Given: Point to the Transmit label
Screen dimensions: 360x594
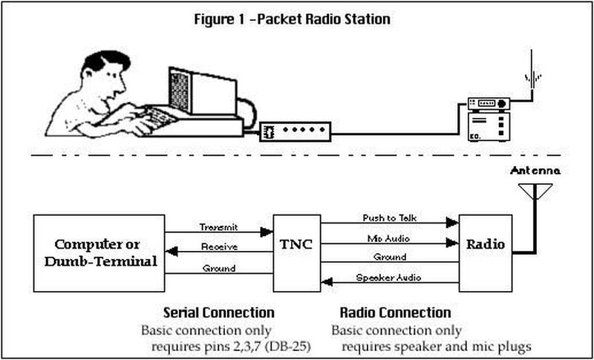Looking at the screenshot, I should pos(218,226).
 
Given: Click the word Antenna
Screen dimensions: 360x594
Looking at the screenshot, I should pos(535,171).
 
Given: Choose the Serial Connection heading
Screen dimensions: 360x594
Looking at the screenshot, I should pos(218,312).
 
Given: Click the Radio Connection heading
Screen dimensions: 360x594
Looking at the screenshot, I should pos(395,312).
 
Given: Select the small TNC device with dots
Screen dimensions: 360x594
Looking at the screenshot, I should pos(295,132).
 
